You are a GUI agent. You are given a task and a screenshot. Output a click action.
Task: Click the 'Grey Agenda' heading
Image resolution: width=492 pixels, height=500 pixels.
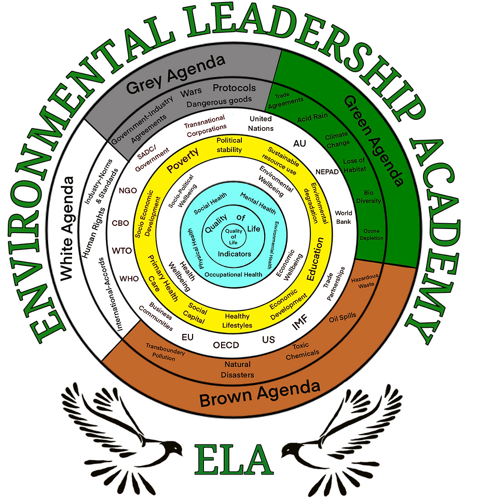175,74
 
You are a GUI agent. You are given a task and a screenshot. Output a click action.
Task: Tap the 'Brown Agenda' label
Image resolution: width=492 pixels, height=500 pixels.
259,394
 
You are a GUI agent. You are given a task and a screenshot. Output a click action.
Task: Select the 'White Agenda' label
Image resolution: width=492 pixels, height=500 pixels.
67,228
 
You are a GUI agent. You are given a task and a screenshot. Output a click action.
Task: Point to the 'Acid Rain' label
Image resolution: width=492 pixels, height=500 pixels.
312,117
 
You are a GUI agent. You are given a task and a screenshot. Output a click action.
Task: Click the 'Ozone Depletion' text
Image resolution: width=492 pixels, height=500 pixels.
372,234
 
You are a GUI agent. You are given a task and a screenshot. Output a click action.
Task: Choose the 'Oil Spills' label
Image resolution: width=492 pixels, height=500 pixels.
343,318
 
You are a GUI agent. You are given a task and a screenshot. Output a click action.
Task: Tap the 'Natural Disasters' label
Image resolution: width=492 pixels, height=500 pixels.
237,369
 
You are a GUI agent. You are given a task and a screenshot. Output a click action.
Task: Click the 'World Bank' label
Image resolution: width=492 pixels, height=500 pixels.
344,217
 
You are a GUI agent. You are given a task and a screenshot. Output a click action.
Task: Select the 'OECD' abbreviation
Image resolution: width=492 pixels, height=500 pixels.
226,345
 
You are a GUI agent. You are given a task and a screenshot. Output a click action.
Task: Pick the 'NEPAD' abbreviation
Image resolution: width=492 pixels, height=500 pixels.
327,172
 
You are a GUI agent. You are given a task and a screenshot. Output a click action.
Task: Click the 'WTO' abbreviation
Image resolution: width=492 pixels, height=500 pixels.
122,251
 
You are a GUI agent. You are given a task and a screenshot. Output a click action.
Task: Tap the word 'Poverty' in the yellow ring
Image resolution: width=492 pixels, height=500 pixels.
183,160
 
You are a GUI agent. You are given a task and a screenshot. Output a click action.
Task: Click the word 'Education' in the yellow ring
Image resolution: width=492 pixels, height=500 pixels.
315,259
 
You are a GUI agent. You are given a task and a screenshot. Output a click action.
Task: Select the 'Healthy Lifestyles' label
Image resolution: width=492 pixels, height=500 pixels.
237,320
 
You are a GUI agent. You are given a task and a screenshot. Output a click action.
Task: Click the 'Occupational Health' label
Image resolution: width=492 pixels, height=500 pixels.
233,275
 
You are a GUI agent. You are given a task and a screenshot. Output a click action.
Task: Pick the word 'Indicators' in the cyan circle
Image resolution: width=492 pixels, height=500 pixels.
235,254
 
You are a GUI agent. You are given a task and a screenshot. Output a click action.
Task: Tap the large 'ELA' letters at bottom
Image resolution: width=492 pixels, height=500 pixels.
234,459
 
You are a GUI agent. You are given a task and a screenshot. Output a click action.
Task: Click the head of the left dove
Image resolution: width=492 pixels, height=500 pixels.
174,447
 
